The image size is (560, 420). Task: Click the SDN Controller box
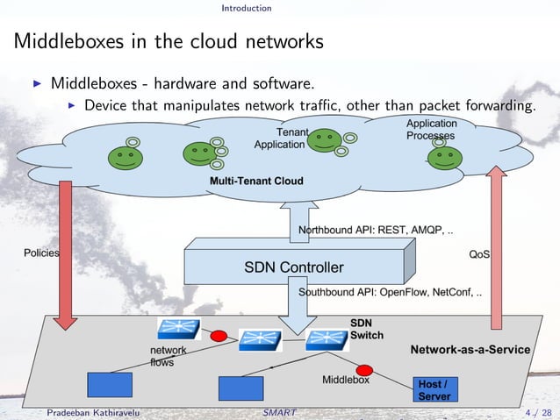[x=293, y=266]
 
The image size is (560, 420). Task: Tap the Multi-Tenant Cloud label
[x=256, y=182]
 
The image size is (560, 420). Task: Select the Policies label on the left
[x=40, y=253]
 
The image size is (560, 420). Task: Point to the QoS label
[x=479, y=254]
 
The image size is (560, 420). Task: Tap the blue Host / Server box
[x=435, y=390]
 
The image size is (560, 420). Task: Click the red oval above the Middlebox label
[x=365, y=370]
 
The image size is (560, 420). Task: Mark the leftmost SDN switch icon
[x=178, y=329]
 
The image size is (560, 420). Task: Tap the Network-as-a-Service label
[x=470, y=349]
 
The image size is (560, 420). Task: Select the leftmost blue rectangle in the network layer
[x=110, y=385]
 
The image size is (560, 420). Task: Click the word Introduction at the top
[x=246, y=8]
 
